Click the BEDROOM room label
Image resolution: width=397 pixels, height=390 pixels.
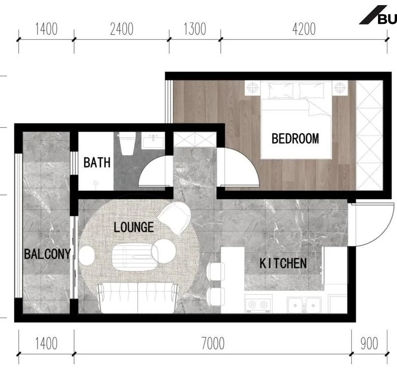[295, 138]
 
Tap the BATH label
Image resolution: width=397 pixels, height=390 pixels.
[97, 162]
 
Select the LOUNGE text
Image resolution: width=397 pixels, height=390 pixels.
[134, 227]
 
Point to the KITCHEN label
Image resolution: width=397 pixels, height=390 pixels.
[283, 263]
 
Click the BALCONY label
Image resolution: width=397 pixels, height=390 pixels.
[47, 254]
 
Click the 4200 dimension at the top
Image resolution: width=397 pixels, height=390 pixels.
[304, 29]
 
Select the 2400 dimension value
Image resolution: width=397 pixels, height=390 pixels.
[122, 29]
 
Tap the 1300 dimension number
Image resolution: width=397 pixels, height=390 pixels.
[195, 29]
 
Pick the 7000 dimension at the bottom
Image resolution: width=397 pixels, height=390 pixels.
[213, 343]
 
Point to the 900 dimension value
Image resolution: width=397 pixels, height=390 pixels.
[369, 343]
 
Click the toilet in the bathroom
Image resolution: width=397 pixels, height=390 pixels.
[127, 143]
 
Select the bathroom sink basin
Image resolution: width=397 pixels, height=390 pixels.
[153, 141]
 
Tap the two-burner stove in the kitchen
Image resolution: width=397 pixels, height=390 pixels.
[258, 304]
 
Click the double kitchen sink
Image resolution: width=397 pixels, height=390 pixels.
[304, 305]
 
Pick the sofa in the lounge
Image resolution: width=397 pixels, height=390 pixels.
[138, 298]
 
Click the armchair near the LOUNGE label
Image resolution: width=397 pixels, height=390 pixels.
[175, 218]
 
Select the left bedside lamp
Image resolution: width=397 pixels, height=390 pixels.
[252, 88]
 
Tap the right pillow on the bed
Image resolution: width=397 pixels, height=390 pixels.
[311, 91]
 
